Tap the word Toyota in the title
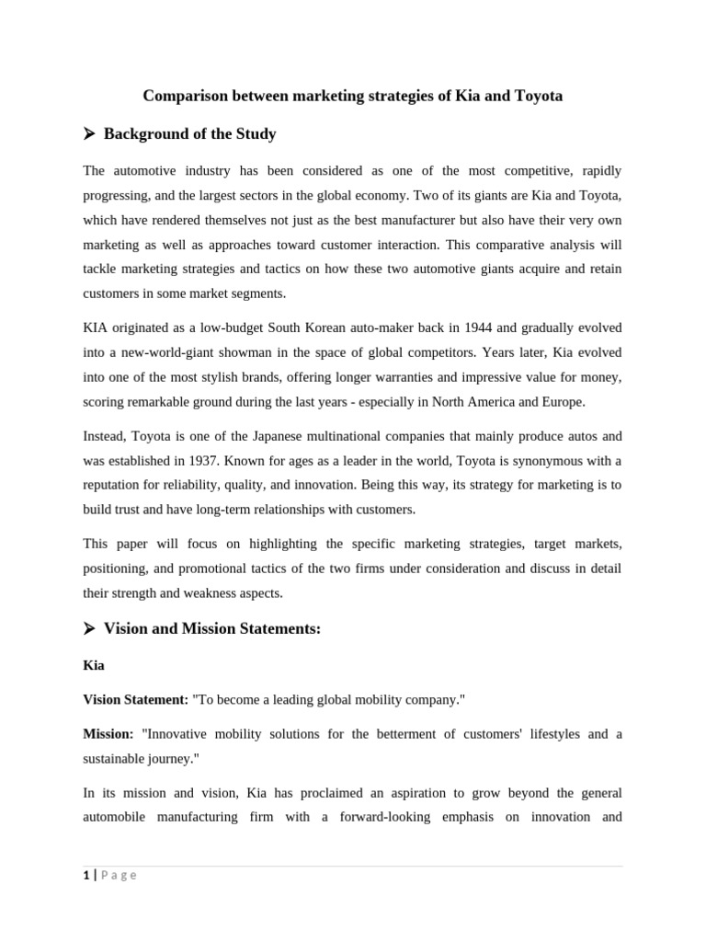point(537,96)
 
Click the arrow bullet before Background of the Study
point(89,134)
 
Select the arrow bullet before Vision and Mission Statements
point(89,629)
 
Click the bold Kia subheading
point(94,665)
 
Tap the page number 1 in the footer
point(85,876)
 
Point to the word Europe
point(561,402)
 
